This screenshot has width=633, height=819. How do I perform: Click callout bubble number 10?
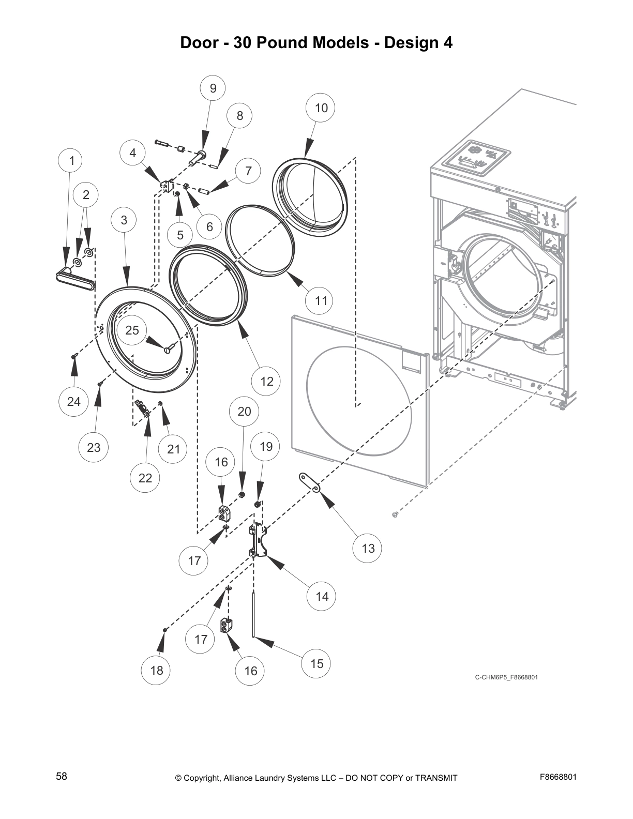click(x=321, y=108)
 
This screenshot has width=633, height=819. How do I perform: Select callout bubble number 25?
click(x=132, y=330)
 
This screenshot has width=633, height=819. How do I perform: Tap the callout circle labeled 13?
click(x=368, y=548)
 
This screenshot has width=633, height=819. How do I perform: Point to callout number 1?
click(x=72, y=161)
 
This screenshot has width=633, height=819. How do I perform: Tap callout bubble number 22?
click(x=145, y=478)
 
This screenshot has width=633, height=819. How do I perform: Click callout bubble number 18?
click(x=156, y=670)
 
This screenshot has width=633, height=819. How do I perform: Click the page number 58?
click(x=62, y=776)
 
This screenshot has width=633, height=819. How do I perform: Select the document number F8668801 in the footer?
click(x=558, y=777)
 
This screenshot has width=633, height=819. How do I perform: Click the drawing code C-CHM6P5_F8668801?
click(x=506, y=677)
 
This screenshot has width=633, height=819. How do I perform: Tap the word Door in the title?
click(x=199, y=42)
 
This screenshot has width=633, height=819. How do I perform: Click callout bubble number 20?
click(x=244, y=411)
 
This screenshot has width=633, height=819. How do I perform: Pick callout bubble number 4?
click(x=133, y=153)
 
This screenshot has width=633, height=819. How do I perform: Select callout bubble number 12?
click(x=266, y=382)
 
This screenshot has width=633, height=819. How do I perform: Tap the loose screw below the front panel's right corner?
click(x=396, y=514)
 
